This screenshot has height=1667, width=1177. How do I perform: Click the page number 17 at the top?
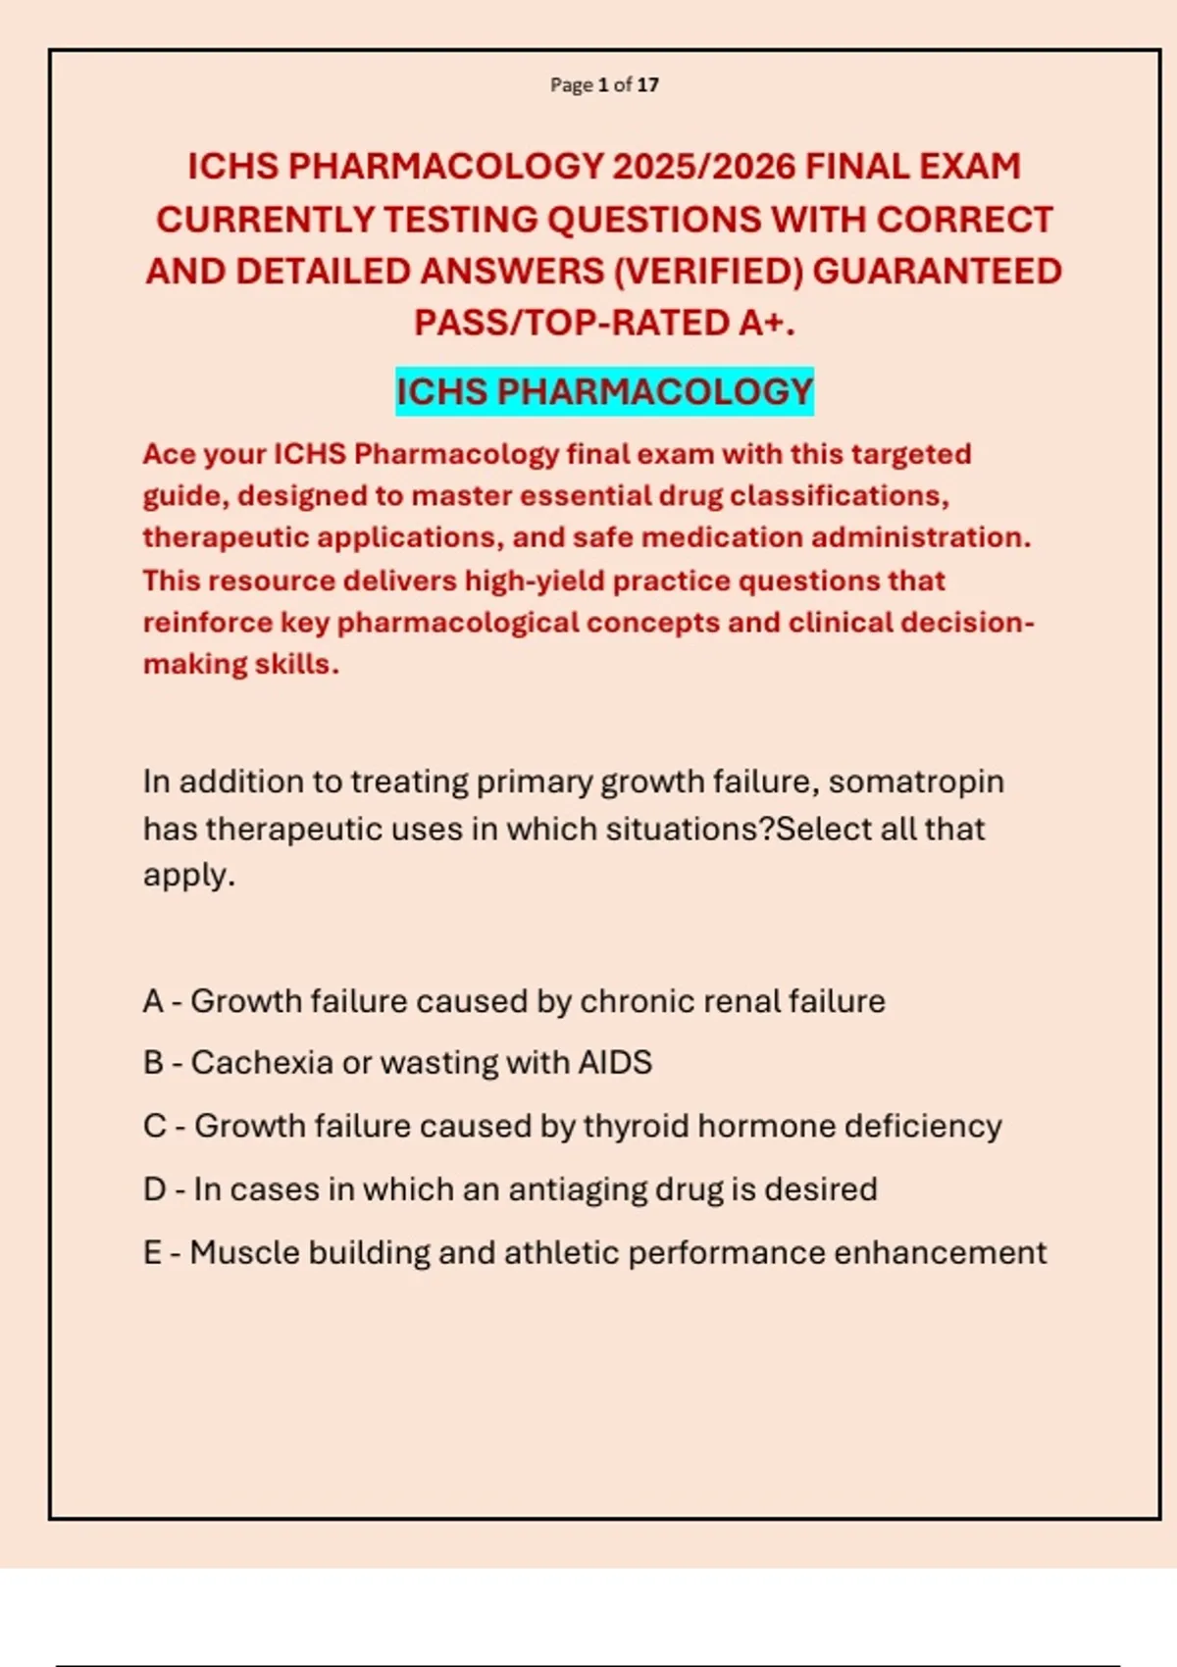[x=648, y=85]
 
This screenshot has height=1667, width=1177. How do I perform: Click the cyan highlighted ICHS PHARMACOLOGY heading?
[x=604, y=392]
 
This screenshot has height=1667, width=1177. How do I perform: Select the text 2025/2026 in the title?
[x=703, y=167]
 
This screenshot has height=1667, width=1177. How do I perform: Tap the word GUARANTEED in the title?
[x=937, y=272]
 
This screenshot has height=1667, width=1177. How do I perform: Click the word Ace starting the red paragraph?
[x=168, y=454]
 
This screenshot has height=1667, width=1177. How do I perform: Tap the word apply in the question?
[x=186, y=875]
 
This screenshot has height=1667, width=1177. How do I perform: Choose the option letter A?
[x=153, y=1001]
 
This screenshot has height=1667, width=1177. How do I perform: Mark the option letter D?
[x=154, y=1189]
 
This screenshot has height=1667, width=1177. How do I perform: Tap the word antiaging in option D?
[x=577, y=1189]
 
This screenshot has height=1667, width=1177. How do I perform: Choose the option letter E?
[x=152, y=1253]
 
